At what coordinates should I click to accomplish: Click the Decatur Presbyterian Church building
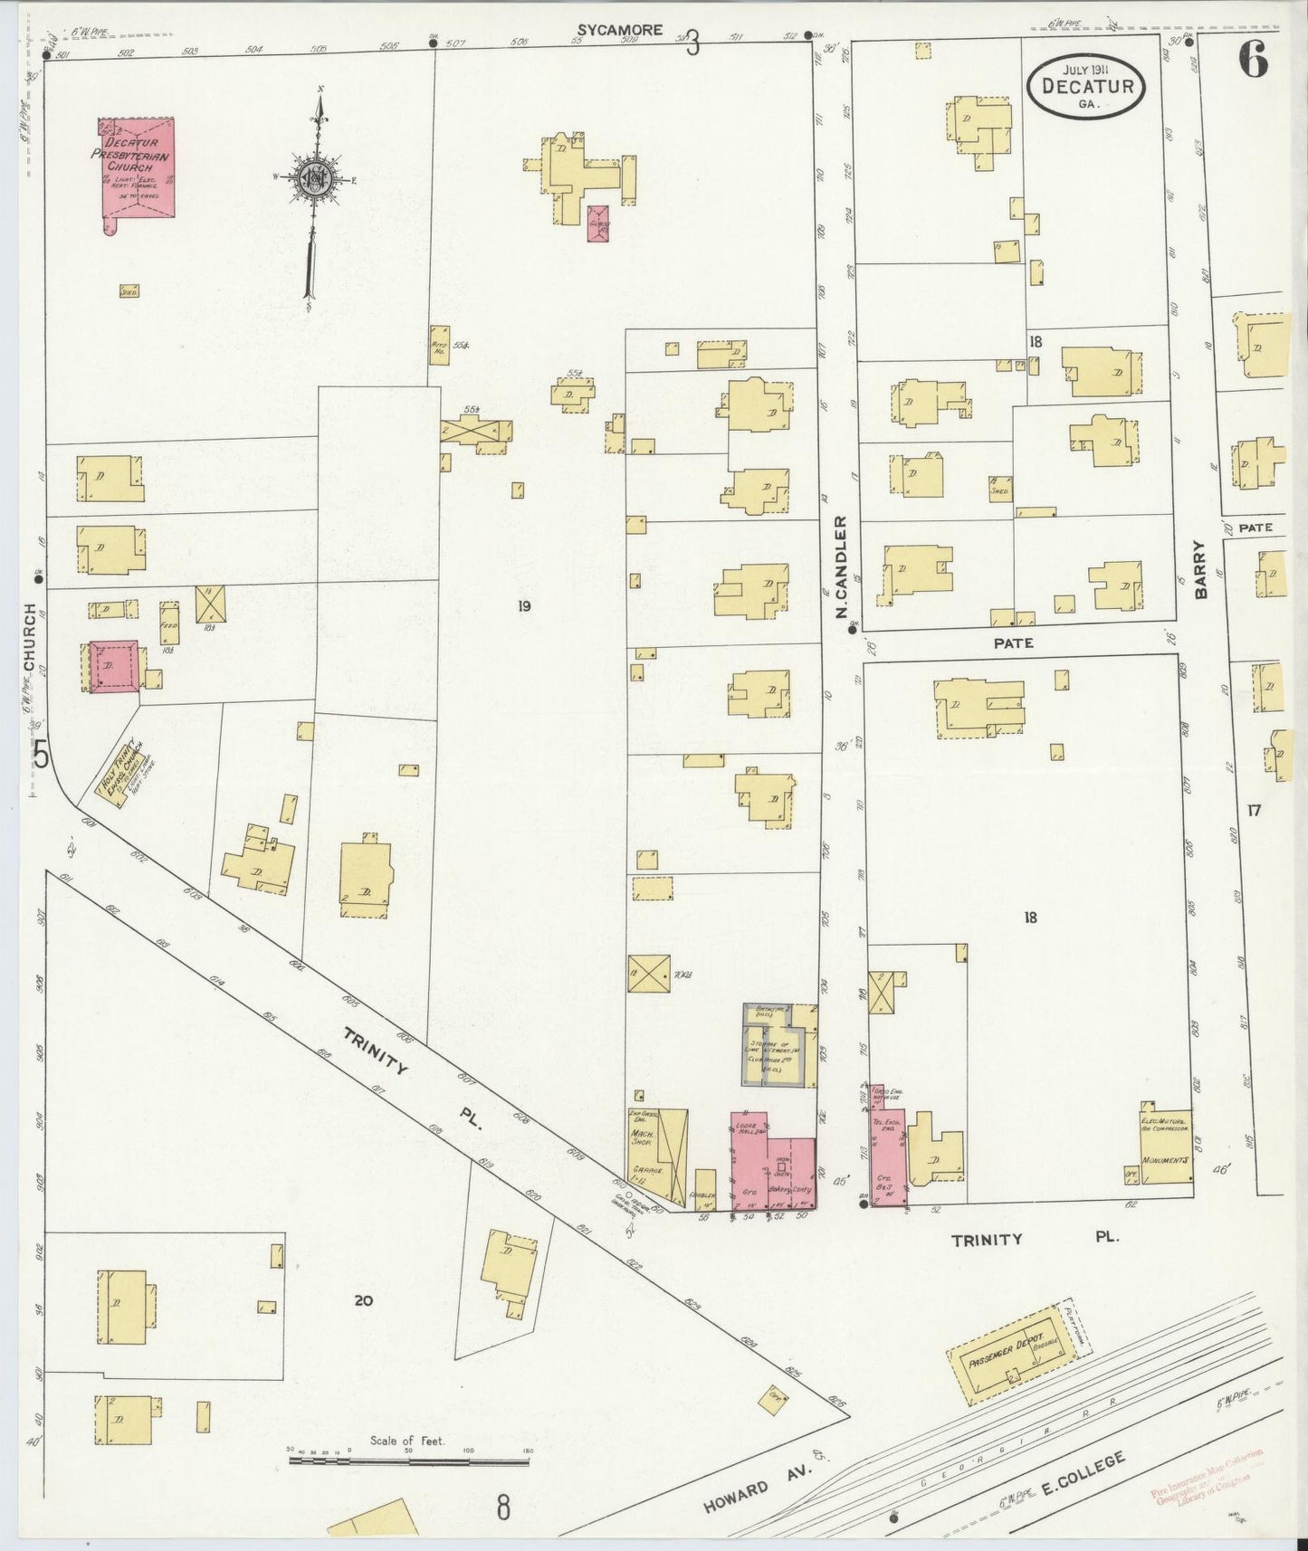(x=136, y=168)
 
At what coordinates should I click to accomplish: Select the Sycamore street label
(x=620, y=30)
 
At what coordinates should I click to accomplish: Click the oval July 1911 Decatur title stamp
(x=1086, y=87)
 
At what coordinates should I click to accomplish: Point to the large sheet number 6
(x=1254, y=61)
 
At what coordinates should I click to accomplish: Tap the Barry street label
(x=1200, y=569)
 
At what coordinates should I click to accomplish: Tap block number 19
(x=523, y=606)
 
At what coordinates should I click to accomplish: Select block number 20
(x=363, y=1300)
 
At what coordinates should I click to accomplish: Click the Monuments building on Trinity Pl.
(x=1166, y=1150)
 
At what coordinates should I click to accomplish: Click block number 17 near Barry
(x=1253, y=811)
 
